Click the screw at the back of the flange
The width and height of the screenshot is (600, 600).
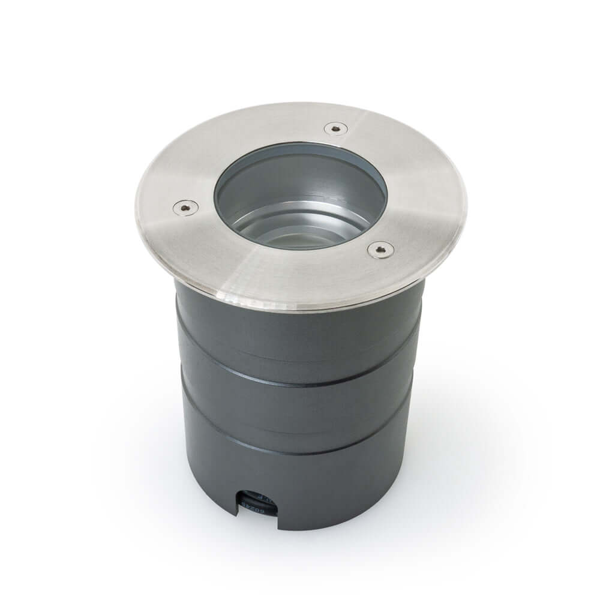click(x=335, y=128)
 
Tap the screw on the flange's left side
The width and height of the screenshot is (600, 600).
click(x=185, y=207)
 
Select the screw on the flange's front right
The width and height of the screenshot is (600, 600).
click(x=380, y=249)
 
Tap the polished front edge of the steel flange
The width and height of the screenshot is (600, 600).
click(x=288, y=304)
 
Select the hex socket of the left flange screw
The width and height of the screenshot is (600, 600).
click(x=185, y=207)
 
